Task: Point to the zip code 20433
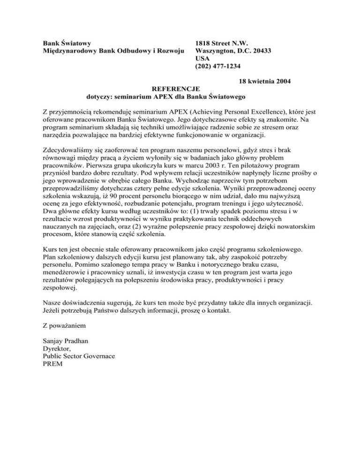[262, 51]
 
